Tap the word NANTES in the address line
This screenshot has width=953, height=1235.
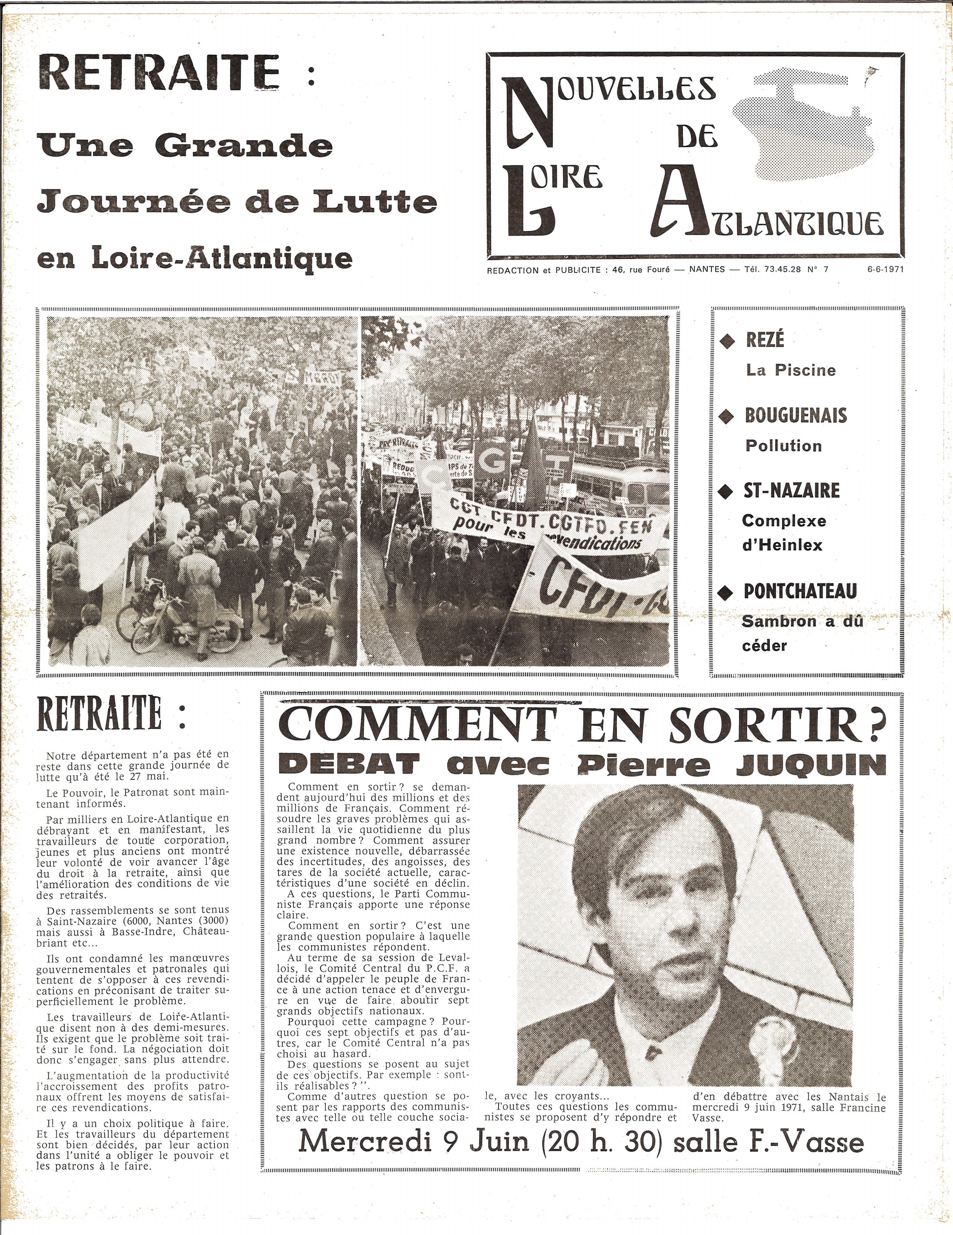pyautogui.click(x=707, y=270)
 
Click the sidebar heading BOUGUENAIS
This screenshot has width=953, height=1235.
pyautogui.click(x=796, y=416)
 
